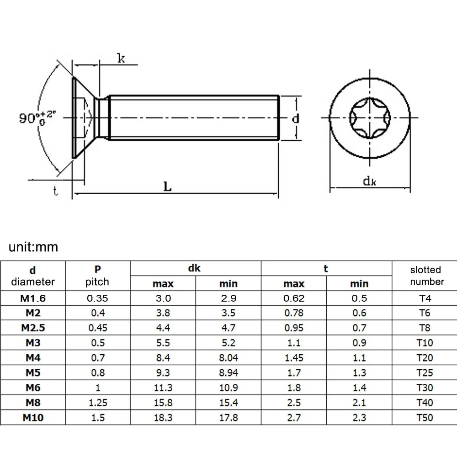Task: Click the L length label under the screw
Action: (168, 187)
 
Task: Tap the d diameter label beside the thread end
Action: (296, 118)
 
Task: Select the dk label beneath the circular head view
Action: (369, 181)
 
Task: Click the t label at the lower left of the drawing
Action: (56, 191)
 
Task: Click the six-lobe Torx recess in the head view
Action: (369, 118)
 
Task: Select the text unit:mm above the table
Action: (34, 247)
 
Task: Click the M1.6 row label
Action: (33, 298)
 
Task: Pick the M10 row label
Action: (33, 417)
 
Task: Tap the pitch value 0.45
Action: (97, 328)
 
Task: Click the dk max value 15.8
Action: (163, 402)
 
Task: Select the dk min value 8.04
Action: (228, 358)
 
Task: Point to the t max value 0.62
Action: (293, 298)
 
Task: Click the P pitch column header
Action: (97, 276)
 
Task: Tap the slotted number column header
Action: (425, 276)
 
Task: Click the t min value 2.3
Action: (359, 417)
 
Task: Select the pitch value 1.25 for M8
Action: (97, 402)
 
